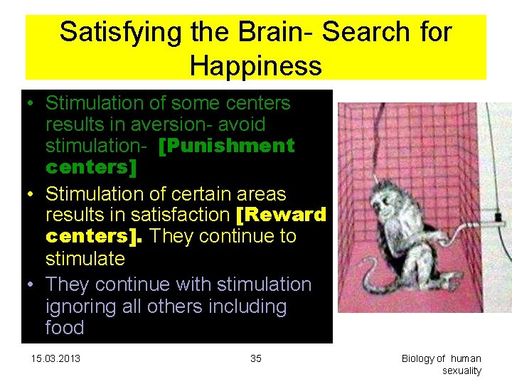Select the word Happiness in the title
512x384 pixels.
[255, 66]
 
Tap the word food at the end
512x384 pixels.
[65, 328]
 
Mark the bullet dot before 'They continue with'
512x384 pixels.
[31, 285]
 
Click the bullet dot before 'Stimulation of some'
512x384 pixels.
[31, 104]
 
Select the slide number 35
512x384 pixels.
[256, 358]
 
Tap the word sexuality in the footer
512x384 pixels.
[462, 370]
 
